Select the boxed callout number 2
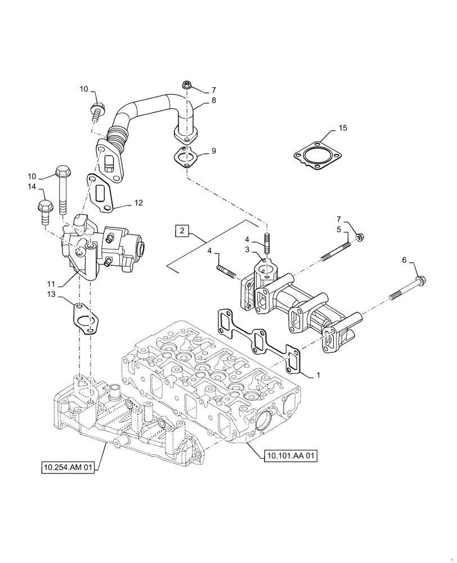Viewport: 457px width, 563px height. (x=181, y=230)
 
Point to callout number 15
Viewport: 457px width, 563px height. (x=343, y=129)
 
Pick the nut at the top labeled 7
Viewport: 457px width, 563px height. (x=187, y=86)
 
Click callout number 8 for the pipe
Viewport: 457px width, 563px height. (x=214, y=101)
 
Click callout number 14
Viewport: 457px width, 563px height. (x=32, y=186)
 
